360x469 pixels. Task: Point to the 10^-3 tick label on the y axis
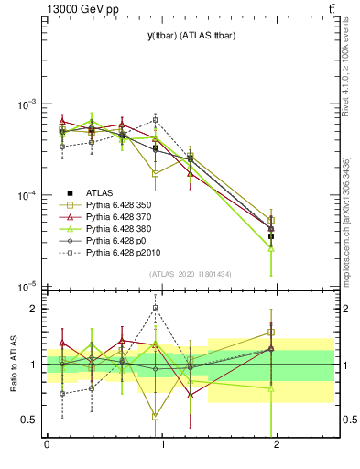click(27, 104)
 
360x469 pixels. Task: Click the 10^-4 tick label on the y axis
click(27, 196)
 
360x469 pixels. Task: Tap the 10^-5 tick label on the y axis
click(27, 288)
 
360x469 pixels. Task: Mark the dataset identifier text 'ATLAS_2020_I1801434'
click(191, 274)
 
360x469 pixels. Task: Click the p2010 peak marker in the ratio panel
click(156, 308)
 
